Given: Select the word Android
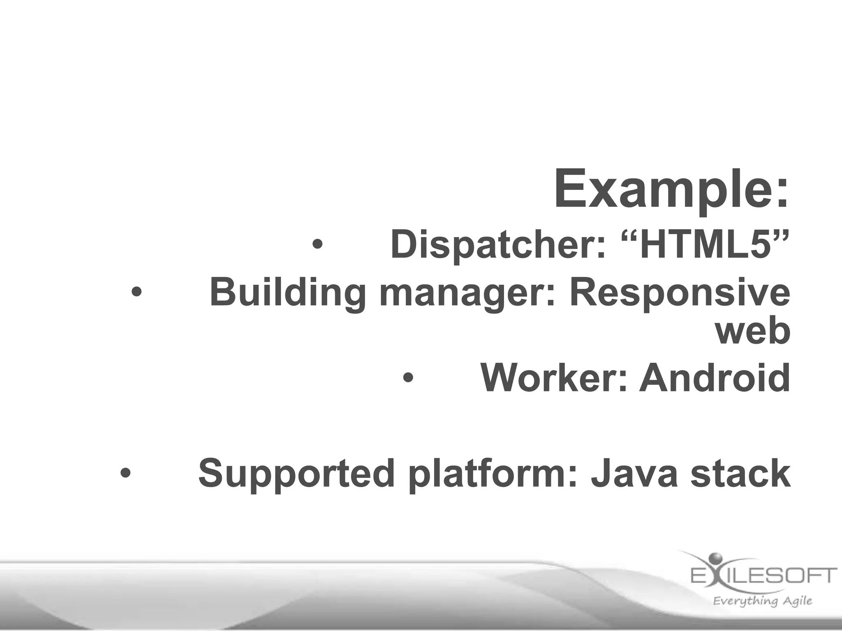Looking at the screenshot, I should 715,378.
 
